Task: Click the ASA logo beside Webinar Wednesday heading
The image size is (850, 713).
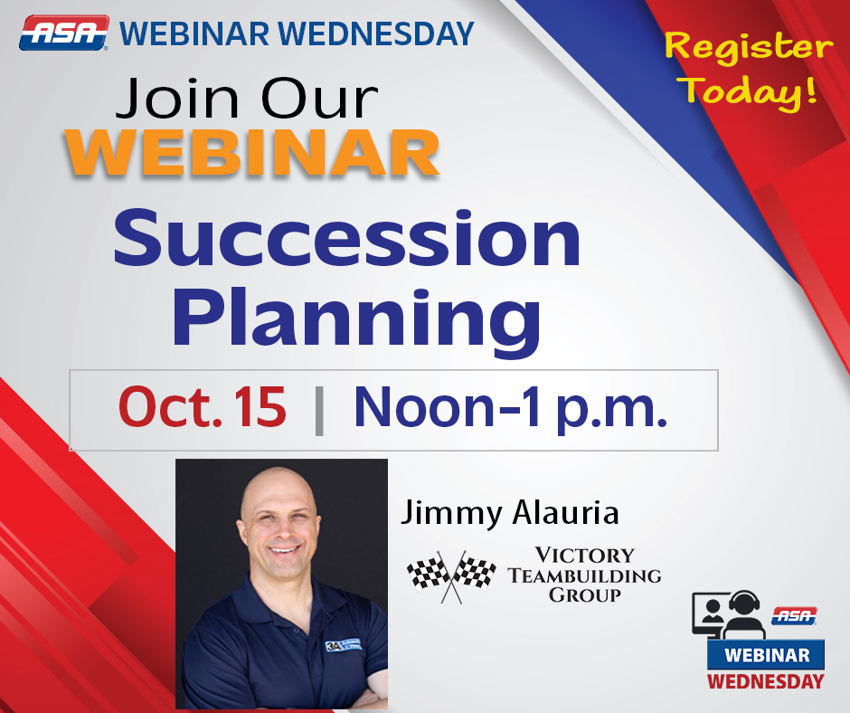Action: (64, 33)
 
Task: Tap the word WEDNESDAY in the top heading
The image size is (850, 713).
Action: (376, 33)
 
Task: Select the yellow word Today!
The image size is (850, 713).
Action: (750, 90)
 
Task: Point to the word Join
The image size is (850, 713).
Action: (177, 98)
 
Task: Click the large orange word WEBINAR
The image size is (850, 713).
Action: (252, 153)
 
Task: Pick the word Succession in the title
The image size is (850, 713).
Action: (347, 239)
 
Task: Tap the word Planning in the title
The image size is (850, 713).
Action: (356, 321)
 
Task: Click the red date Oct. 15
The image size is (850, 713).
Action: (203, 407)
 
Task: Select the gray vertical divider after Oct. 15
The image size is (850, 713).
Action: (319, 411)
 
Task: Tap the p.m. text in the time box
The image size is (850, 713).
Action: (611, 411)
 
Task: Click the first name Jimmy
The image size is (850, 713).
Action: (451, 513)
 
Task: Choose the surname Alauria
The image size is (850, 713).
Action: (565, 512)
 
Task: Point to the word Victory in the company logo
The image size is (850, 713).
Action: (584, 556)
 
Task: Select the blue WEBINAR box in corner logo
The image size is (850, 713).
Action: (766, 655)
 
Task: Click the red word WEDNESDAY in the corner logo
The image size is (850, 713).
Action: (765, 681)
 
